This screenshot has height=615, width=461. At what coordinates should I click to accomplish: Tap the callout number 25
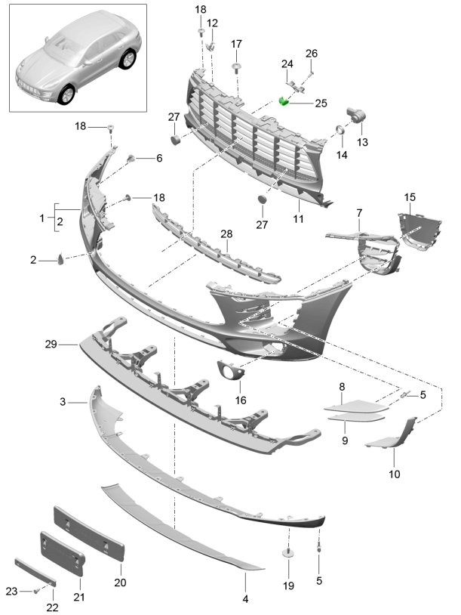point(321,103)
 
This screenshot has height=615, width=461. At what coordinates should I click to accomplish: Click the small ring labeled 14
point(340,132)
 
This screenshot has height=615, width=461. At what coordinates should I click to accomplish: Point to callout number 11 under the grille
point(298,219)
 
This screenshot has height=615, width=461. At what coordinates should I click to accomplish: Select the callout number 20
point(120,583)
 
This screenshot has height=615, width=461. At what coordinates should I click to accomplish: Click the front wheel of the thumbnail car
point(68,94)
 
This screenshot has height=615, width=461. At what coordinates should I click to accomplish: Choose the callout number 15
point(409,197)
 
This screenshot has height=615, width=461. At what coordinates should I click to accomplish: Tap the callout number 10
point(395,474)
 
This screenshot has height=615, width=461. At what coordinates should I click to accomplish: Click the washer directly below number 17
point(236,68)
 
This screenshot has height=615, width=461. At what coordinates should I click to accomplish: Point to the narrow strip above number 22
point(34,572)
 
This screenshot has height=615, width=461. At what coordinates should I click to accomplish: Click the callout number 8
point(342,387)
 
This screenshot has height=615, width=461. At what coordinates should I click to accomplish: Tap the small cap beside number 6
point(131,158)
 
